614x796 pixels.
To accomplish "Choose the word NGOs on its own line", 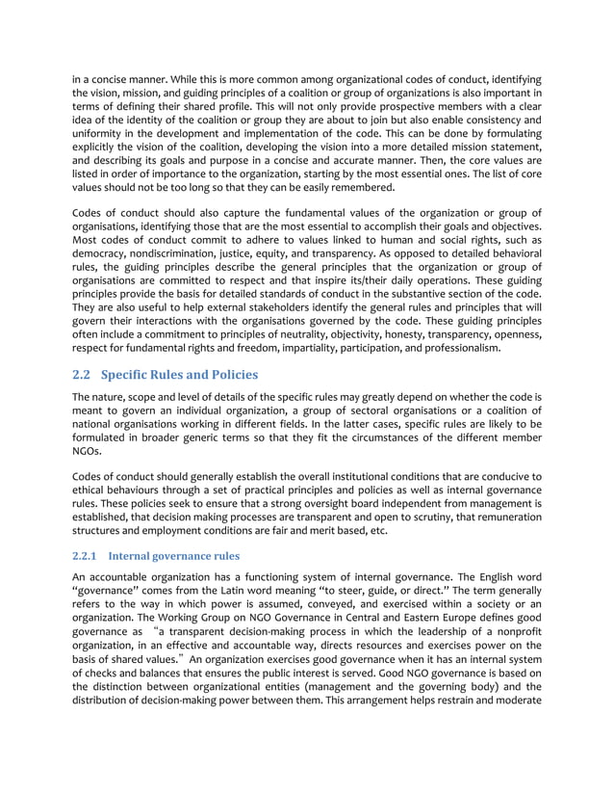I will (x=89, y=450).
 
